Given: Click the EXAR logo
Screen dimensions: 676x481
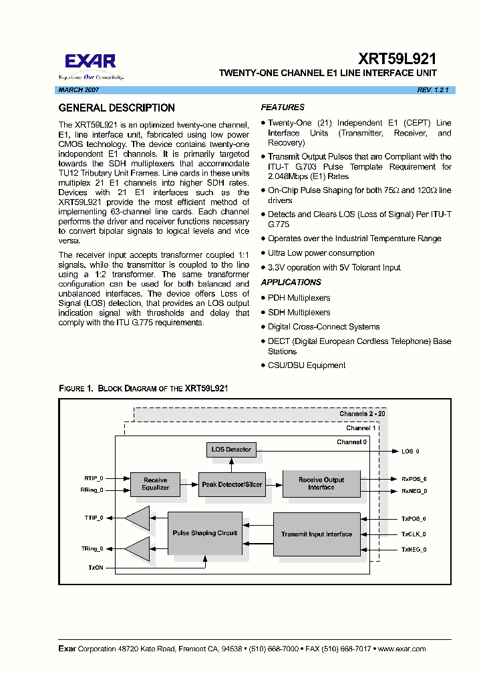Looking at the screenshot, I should [91, 63].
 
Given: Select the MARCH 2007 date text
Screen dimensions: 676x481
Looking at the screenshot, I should [79, 90].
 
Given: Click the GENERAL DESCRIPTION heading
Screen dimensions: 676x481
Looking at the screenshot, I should [117, 108].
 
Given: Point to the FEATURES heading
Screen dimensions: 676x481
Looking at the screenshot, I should [283, 107].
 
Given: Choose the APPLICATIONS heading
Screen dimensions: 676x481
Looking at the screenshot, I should [291, 283].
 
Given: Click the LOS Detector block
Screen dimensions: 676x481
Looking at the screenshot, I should [231, 450].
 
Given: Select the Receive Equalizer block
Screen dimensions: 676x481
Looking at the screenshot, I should [155, 484].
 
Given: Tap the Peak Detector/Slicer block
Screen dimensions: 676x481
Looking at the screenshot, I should [232, 484].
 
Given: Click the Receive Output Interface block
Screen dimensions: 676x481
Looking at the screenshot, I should [321, 484].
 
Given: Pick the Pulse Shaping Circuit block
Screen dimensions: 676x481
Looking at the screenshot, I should [204, 533].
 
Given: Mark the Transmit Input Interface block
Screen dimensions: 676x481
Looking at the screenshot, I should [317, 534].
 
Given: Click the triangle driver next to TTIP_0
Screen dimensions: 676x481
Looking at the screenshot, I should [138, 518].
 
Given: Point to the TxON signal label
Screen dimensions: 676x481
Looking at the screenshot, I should [96, 568].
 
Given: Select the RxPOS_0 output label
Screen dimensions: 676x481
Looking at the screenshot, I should [414, 479].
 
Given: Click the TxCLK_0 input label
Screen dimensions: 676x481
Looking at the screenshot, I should [414, 534].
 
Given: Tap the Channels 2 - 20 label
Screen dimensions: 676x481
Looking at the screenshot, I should [362, 414].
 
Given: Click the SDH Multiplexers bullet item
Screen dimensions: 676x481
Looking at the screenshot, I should [299, 312].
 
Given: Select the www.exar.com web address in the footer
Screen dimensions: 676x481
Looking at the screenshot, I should [400, 649].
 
